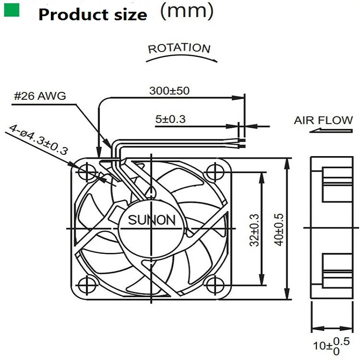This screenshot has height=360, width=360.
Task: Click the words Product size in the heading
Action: click(93, 14)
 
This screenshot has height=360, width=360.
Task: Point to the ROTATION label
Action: click(179, 48)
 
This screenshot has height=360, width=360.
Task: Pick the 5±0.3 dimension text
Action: click(171, 119)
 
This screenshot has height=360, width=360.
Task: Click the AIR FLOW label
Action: click(324, 120)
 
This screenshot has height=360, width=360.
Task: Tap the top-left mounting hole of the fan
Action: click(86, 171)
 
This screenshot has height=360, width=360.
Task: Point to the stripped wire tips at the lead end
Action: click(241, 143)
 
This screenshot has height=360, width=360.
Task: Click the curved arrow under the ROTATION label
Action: click(184, 57)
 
